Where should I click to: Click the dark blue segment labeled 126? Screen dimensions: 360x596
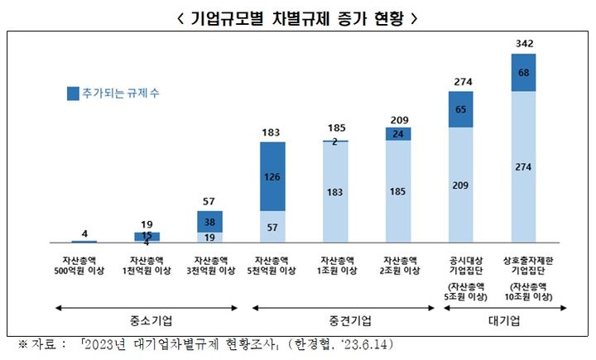pos(273,176)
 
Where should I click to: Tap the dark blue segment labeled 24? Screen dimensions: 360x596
pos(399,133)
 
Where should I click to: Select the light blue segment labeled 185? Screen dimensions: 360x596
pos(399,192)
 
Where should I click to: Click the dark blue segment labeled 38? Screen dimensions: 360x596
pos(209,222)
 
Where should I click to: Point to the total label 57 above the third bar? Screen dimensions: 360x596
pos(209,202)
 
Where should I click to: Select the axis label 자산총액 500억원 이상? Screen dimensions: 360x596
pos(84,265)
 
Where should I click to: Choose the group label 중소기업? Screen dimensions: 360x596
pos(147,320)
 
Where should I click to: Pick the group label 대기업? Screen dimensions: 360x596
pos(505,320)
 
